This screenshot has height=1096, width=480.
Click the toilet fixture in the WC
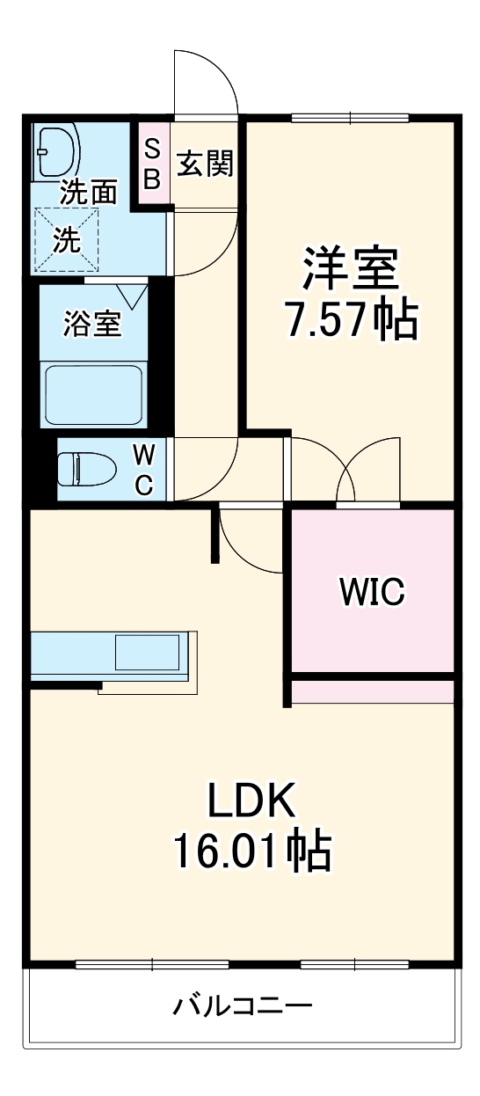pos(85,468)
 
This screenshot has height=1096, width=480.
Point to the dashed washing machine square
pos(66,237)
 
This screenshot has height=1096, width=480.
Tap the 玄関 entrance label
pos(205,164)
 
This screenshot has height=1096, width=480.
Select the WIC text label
pos(373,592)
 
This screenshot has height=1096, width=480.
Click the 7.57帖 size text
pos(351,322)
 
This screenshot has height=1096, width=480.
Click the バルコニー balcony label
pos(243,1005)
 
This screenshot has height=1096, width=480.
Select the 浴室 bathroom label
pos(91,324)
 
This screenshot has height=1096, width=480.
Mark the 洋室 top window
pos(350,117)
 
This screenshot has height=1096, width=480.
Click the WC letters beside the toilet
pos(145,469)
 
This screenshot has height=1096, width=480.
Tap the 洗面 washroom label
pos(88,194)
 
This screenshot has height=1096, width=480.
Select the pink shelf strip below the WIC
pos(373,692)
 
